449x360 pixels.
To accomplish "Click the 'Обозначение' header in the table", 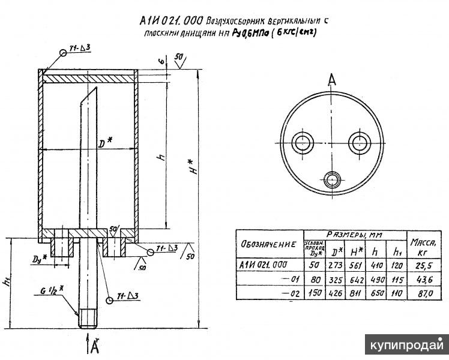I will pos(268,244).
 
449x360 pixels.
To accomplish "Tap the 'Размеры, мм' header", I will pos(355,235).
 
